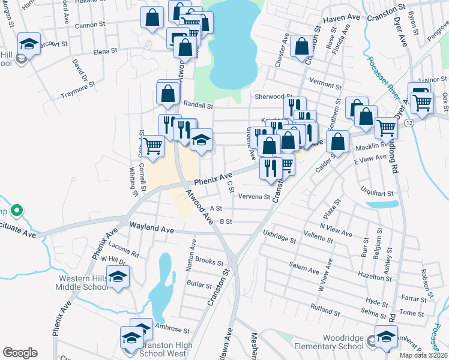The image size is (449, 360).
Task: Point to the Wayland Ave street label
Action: [x=152, y=229]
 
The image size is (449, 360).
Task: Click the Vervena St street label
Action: [x=254, y=196]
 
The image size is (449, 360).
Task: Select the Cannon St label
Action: [x=89, y=26]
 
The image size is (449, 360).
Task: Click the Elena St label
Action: [x=105, y=52]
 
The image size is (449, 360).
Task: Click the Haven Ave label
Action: [x=342, y=19]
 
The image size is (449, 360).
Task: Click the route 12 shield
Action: [x=408, y=122]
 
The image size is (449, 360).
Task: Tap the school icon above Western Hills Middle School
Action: [x=119, y=277]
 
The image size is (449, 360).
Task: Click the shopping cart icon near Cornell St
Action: [x=154, y=145]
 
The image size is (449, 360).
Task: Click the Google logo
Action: [x=20, y=353]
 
